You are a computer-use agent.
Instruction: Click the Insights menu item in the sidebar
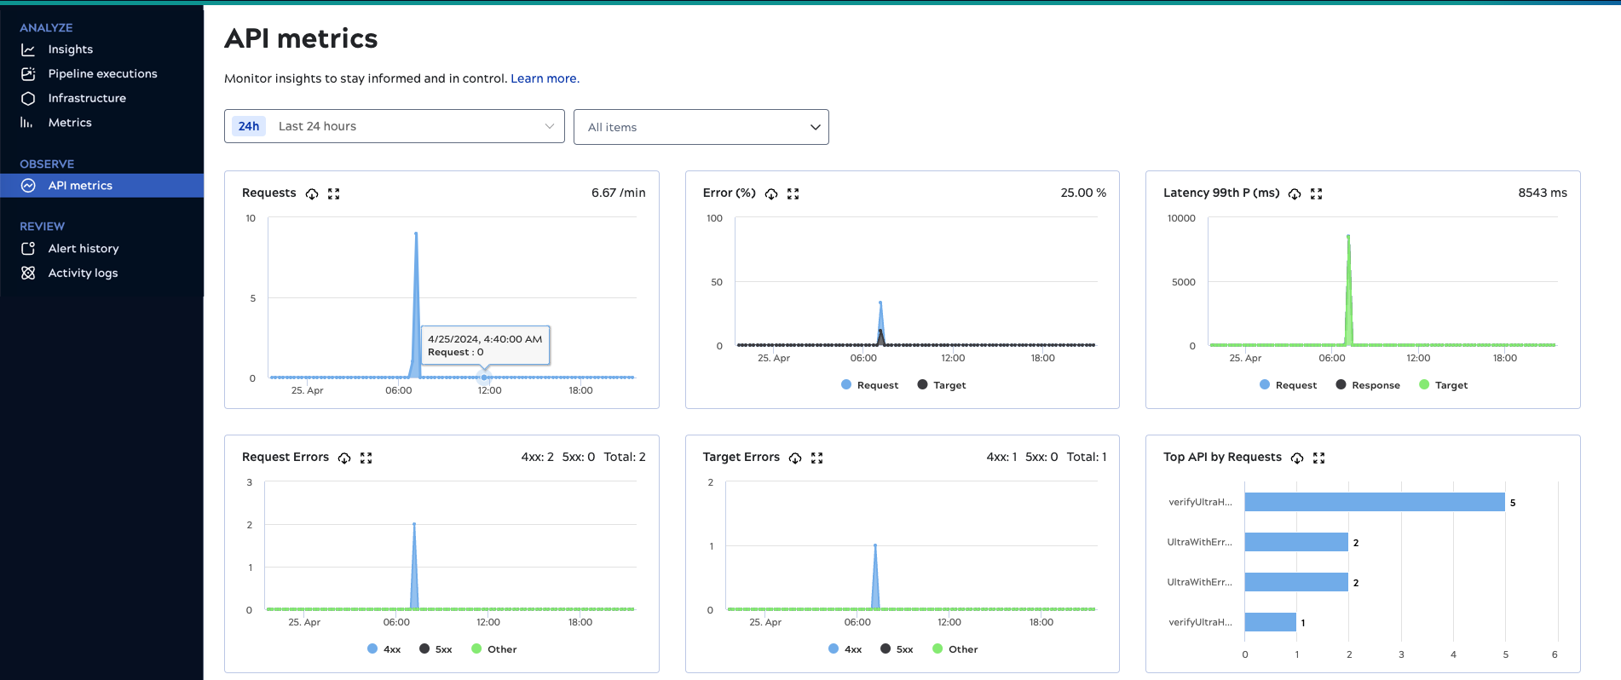pyautogui.click(x=70, y=49)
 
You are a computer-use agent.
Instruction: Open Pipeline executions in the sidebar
pyautogui.click(x=102, y=74)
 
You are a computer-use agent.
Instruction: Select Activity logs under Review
pyautogui.click(x=83, y=274)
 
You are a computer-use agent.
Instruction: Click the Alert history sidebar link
pyautogui.click(x=83, y=249)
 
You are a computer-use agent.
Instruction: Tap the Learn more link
pyautogui.click(x=544, y=78)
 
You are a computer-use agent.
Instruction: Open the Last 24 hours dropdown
pyautogui.click(x=394, y=126)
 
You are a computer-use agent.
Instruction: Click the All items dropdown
pyautogui.click(x=701, y=127)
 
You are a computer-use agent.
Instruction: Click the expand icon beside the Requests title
pyautogui.click(x=334, y=194)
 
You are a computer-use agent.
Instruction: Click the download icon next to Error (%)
pyautogui.click(x=771, y=194)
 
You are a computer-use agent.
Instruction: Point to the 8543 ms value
pyautogui.click(x=1542, y=193)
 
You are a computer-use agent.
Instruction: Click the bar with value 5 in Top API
pyautogui.click(x=1374, y=502)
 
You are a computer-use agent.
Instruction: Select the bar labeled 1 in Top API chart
pyautogui.click(x=1270, y=622)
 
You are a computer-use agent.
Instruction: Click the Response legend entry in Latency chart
pyautogui.click(x=1368, y=385)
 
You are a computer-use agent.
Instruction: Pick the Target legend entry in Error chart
pyautogui.click(x=942, y=385)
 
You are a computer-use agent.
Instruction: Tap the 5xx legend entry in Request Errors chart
pyautogui.click(x=436, y=649)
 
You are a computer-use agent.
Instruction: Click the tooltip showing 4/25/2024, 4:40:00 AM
pyautogui.click(x=485, y=345)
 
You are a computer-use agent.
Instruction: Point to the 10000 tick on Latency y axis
pyautogui.click(x=1181, y=218)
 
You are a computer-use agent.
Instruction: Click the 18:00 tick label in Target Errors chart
pyautogui.click(x=1041, y=622)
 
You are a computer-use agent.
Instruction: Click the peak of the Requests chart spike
pyautogui.click(x=416, y=233)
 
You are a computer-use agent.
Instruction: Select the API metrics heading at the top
pyautogui.click(x=301, y=38)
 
